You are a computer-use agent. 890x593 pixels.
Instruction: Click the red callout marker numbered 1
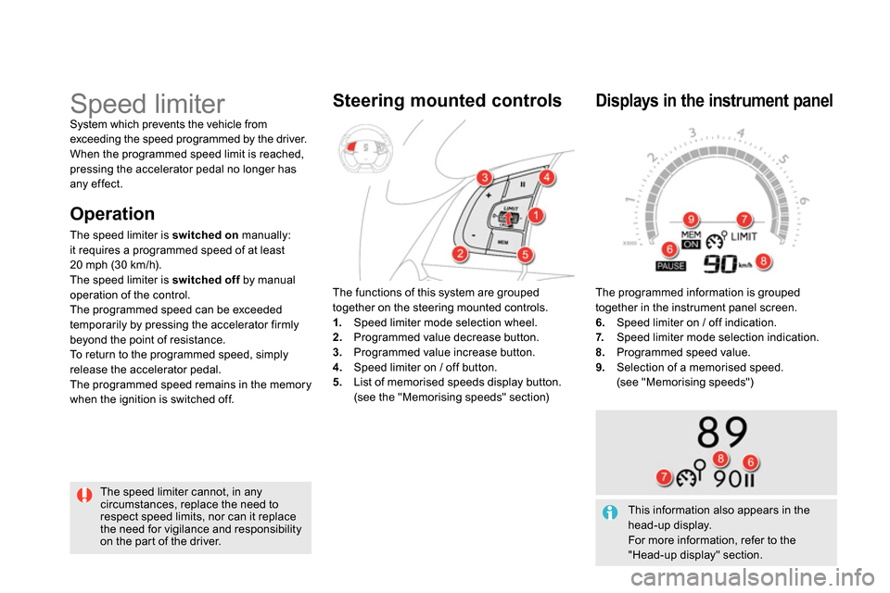pyautogui.click(x=536, y=217)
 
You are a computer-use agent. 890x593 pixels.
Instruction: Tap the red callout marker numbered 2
pyautogui.click(x=460, y=254)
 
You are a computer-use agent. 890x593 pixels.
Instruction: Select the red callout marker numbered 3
pyautogui.click(x=484, y=177)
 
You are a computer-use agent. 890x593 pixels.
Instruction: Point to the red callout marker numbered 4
pyautogui.click(x=547, y=176)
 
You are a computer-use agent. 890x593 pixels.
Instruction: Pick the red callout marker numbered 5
pyautogui.click(x=524, y=255)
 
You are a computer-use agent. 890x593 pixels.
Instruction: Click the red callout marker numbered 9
pyautogui.click(x=691, y=219)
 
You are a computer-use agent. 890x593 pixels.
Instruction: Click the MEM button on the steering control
pyautogui.click(x=502, y=241)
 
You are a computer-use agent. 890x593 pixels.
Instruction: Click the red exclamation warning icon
pyautogui.click(x=84, y=496)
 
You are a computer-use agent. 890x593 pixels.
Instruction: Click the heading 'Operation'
pyautogui.click(x=112, y=214)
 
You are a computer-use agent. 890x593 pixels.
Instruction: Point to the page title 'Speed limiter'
pyautogui.click(x=147, y=103)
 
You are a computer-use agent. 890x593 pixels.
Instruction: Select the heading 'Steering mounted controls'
pyautogui.click(x=447, y=101)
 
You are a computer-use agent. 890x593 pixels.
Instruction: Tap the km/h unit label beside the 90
pyautogui.click(x=744, y=265)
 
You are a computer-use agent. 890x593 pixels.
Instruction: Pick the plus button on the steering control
pyautogui.click(x=488, y=197)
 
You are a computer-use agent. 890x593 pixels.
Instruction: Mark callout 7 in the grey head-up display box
pyautogui.click(x=664, y=476)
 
